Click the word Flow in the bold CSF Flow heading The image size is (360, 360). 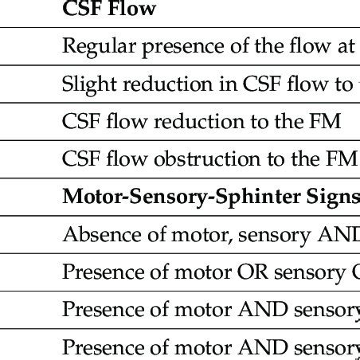(135, 10)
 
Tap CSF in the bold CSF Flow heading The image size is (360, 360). (81, 10)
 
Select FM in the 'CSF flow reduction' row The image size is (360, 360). (327, 123)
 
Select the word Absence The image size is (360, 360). (96, 235)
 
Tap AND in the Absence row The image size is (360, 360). (338, 235)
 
